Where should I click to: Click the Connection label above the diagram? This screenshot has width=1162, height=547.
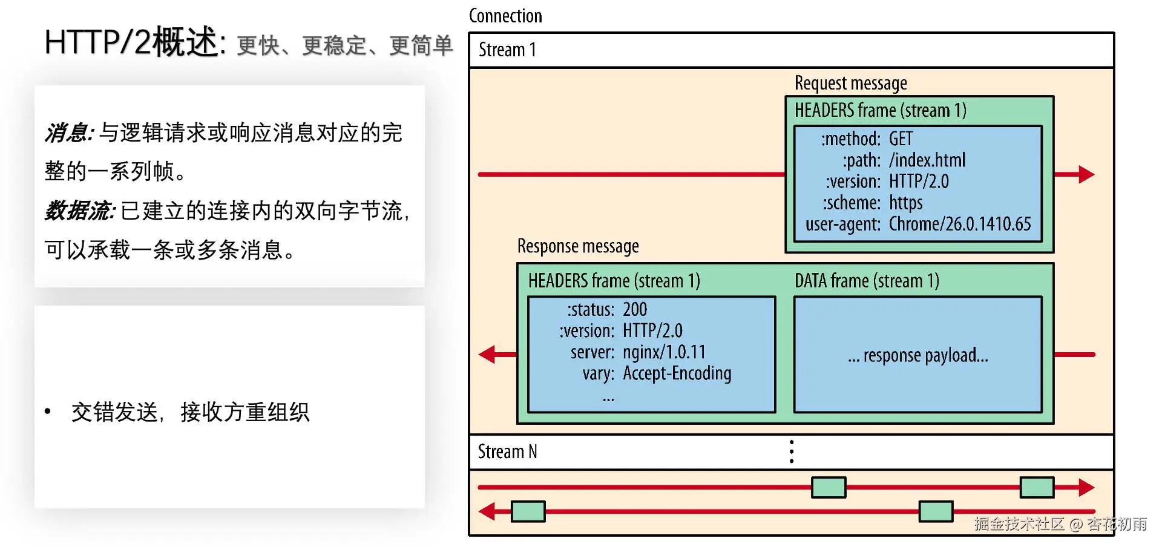point(505,16)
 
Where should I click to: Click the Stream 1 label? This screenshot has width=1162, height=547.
point(507,50)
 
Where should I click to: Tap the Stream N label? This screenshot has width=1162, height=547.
point(507,451)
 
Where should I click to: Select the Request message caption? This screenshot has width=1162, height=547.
point(850,83)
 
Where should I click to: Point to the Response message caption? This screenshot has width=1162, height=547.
point(578,246)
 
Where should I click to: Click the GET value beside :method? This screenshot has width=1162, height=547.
point(901,139)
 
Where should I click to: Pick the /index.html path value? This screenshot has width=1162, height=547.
point(927,160)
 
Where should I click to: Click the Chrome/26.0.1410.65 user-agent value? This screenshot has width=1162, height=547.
point(959,224)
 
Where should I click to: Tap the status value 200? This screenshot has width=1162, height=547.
point(635,310)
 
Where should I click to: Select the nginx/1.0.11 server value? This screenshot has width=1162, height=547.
point(664,352)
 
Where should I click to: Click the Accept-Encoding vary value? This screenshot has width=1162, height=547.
point(677,373)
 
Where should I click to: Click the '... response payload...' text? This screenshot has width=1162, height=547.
point(917,355)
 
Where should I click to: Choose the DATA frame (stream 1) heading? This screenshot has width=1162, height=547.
point(867,281)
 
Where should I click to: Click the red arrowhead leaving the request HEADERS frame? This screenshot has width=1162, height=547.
point(1086,174)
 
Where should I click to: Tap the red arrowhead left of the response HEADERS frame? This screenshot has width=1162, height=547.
point(488,354)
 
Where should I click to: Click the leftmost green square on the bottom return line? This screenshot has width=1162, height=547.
point(528,511)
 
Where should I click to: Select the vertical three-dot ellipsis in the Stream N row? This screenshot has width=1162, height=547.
point(792,451)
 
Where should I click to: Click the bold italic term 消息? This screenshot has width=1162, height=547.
point(68,133)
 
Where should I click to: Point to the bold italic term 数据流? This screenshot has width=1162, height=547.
point(79,211)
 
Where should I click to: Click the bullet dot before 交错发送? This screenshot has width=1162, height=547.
point(48,411)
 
